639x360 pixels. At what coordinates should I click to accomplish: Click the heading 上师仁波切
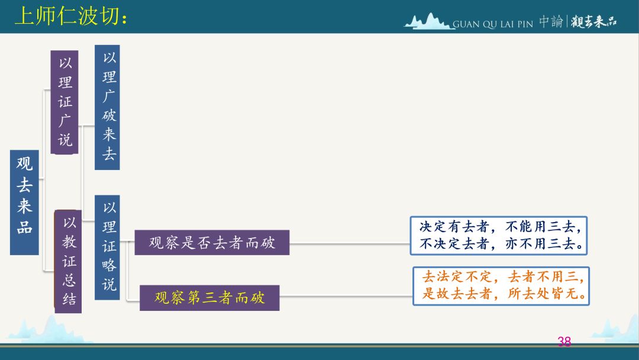pyautogui.click(x=71, y=17)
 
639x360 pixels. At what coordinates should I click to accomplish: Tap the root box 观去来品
pyautogui.click(x=24, y=202)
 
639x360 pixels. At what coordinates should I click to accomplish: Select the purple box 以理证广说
pyautogui.click(x=64, y=102)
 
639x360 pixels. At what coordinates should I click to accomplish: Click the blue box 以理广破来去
pyautogui.click(x=107, y=107)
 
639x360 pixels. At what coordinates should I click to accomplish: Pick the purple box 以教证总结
pyautogui.click(x=68, y=261)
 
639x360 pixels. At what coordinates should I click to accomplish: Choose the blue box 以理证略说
pyautogui.click(x=107, y=247)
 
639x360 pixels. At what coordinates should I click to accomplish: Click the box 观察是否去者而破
pyautogui.click(x=212, y=243)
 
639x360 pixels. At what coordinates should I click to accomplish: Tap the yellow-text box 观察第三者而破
pyautogui.click(x=209, y=298)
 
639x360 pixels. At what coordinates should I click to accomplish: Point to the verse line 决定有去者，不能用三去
pyautogui.click(x=501, y=227)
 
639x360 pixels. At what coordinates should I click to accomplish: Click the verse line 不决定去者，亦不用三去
pyautogui.click(x=501, y=244)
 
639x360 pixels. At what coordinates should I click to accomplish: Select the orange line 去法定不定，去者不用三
pyautogui.click(x=503, y=277)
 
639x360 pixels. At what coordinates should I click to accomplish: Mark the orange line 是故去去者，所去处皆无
pyautogui.click(x=504, y=293)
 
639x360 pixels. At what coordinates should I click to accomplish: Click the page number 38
pyautogui.click(x=564, y=341)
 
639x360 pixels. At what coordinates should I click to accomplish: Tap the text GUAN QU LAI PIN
pyautogui.click(x=493, y=24)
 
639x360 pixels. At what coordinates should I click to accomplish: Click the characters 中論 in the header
pyautogui.click(x=551, y=21)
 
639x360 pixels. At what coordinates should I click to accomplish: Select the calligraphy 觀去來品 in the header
pyautogui.click(x=594, y=21)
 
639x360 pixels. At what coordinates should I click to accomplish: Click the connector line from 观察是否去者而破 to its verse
pyautogui.click(x=350, y=244)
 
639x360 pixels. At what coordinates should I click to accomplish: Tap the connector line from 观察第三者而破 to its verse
pyautogui.click(x=346, y=296)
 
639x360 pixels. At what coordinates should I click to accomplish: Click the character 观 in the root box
pyautogui.click(x=24, y=163)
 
